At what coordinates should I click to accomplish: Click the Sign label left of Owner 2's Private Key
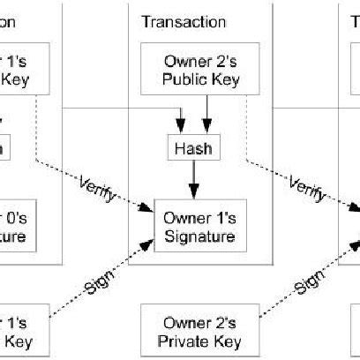point(99,284)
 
